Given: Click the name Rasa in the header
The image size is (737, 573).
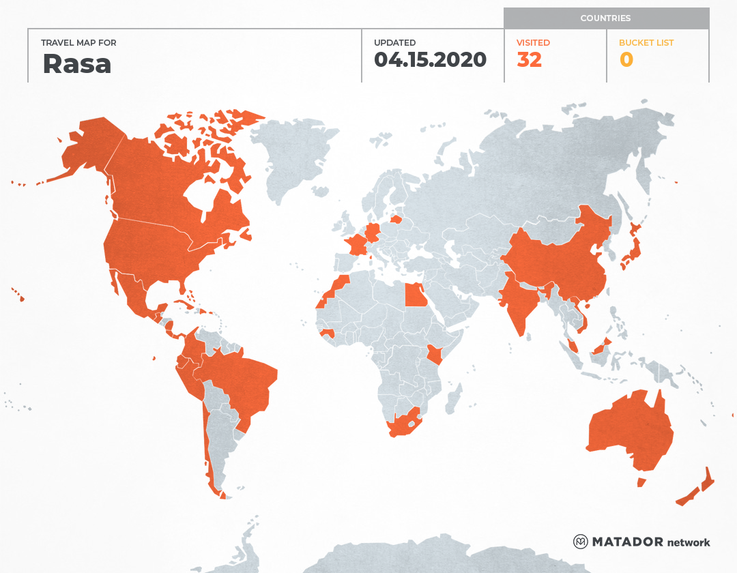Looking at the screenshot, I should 77,63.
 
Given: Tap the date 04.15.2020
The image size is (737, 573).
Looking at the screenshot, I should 430,60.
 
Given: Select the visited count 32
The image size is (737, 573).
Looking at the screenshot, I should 530,60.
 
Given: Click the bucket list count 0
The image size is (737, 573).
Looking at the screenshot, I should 626,60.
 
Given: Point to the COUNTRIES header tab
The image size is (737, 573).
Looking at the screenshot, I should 605,18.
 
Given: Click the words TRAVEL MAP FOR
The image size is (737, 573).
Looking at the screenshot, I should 79,43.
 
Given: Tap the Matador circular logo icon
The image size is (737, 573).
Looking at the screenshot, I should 581,542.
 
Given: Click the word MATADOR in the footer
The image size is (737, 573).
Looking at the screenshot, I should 627,542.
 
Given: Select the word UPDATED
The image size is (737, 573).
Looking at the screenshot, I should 394,43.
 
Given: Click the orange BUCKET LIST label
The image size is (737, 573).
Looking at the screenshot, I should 646,43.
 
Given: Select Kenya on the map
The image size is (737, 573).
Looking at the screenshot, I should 434,355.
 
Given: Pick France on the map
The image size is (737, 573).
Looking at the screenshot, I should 356,244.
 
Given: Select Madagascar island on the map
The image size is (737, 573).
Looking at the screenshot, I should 453,398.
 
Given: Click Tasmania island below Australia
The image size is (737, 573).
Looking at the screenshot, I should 641,482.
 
